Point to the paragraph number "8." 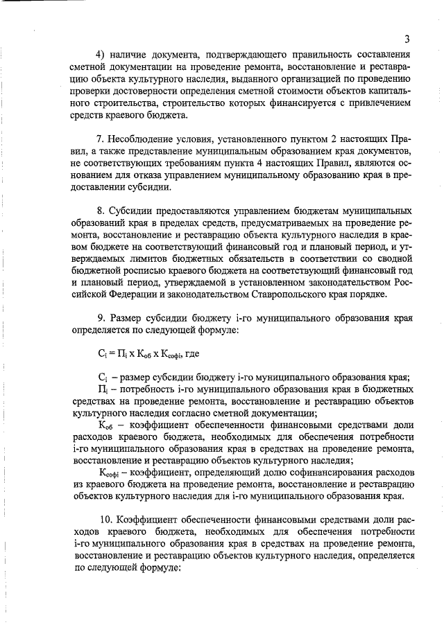101,209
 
